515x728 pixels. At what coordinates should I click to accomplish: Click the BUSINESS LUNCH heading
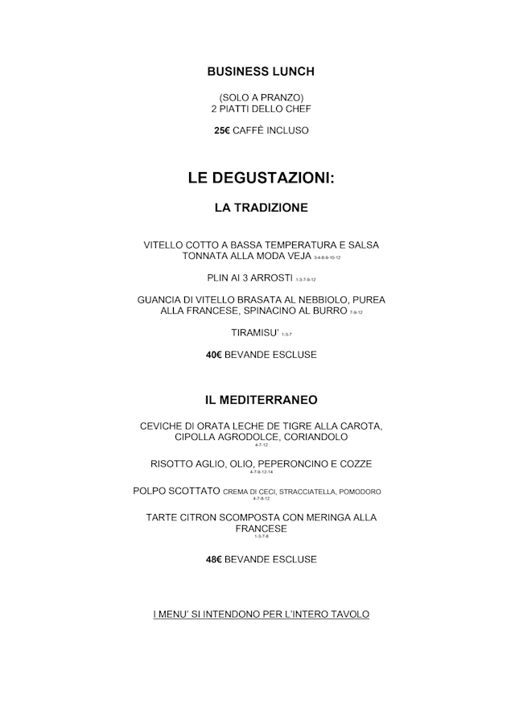[x=261, y=72]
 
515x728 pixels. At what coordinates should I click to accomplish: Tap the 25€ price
[x=222, y=130]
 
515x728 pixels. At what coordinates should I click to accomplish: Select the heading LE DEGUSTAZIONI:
[x=261, y=178]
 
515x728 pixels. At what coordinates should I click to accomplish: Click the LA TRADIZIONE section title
[x=261, y=208]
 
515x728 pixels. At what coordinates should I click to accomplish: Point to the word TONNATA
[x=205, y=257]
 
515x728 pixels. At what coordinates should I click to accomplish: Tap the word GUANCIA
[x=161, y=299]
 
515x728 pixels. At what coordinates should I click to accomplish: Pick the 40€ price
[x=214, y=354]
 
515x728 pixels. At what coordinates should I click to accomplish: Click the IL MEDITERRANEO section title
[x=261, y=399]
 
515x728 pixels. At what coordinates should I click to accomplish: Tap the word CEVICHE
[x=164, y=426]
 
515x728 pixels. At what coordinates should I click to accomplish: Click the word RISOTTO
[x=175, y=464]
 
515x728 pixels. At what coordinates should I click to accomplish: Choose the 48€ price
[x=214, y=559]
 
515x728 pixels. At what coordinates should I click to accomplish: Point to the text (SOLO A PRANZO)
[x=261, y=97]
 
